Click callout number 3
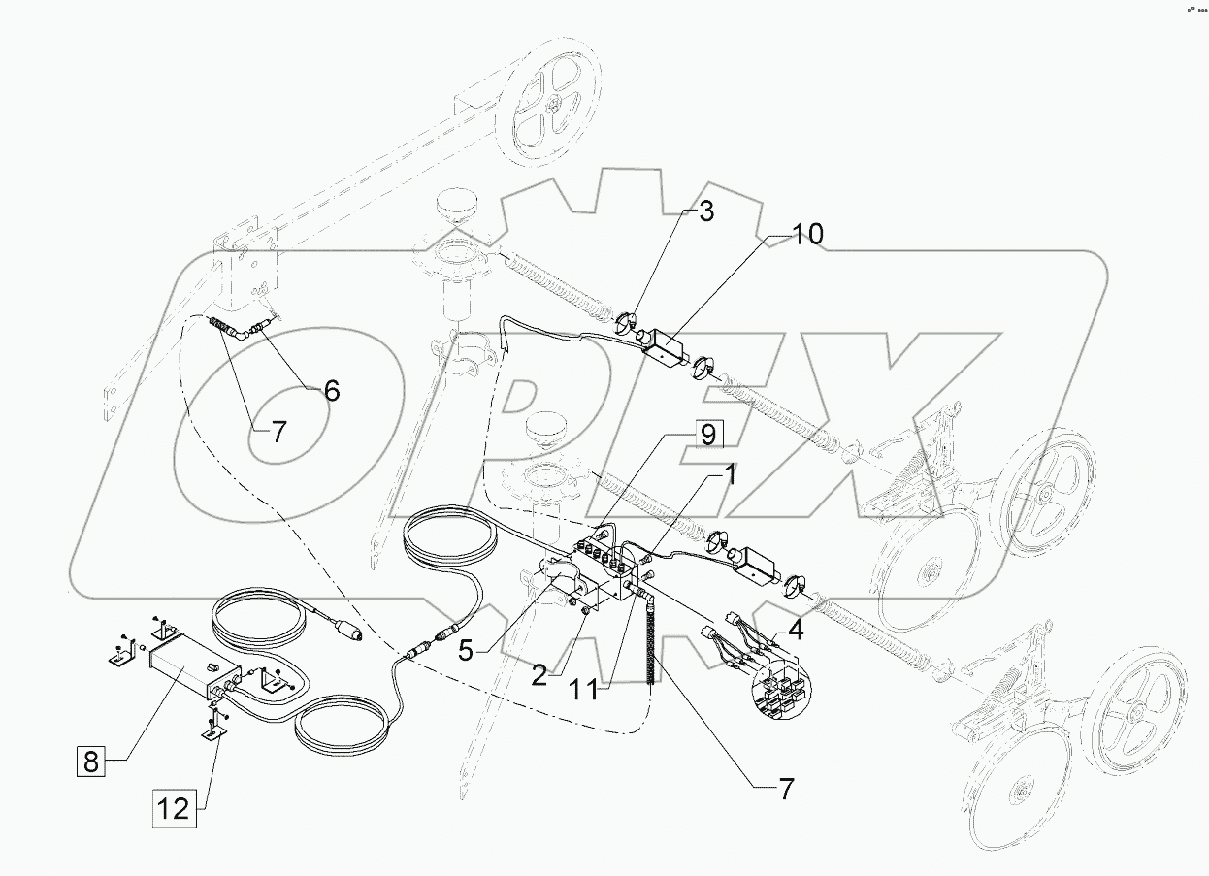[705, 212]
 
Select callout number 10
[806, 234]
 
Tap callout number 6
[331, 390]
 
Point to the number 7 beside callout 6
[278, 433]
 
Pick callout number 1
[728, 476]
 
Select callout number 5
[467, 650]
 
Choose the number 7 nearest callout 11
[785, 789]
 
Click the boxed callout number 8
[90, 762]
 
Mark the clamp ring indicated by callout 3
[627, 320]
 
